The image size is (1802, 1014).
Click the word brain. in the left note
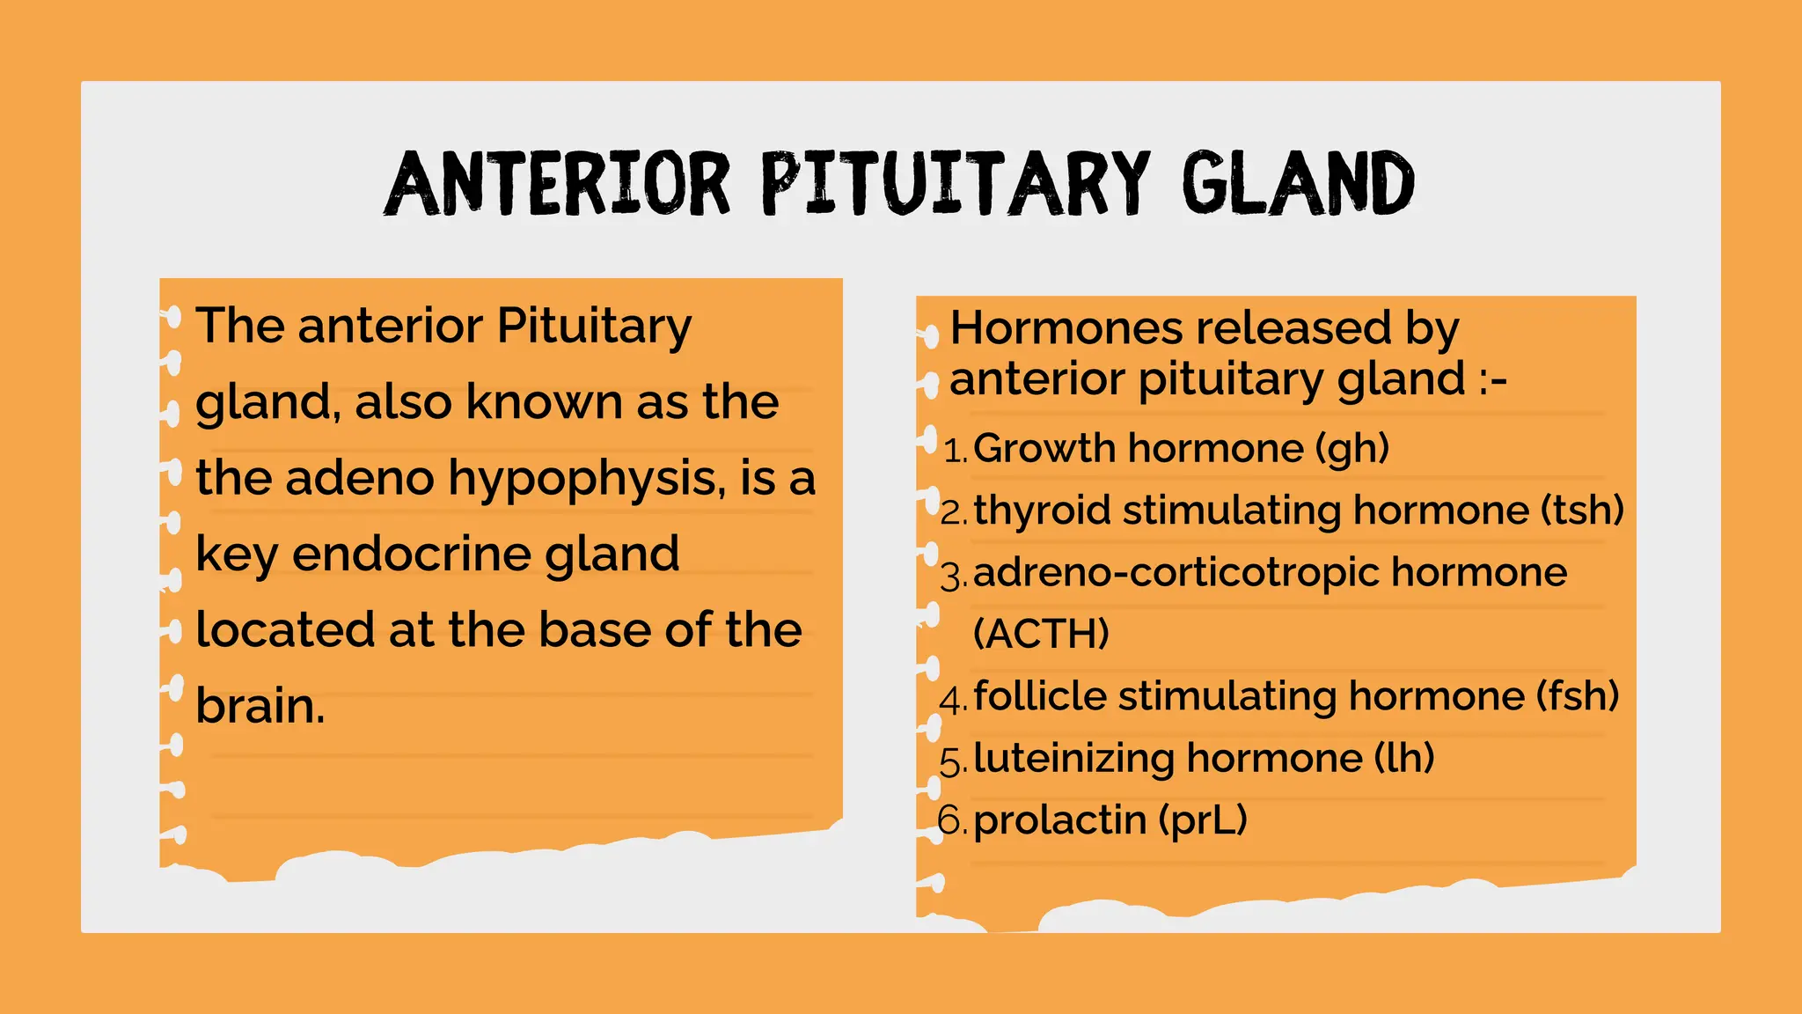click(260, 706)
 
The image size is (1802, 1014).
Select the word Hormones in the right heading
click(1065, 328)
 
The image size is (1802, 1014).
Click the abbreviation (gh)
click(1352, 449)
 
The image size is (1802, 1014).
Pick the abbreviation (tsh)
click(1582, 511)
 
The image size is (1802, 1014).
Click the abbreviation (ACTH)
click(1041, 634)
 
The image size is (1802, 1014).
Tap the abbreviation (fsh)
click(1577, 696)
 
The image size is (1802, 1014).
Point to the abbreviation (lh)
click(1404, 758)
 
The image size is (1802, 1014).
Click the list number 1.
click(953, 452)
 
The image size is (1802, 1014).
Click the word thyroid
click(1042, 511)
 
